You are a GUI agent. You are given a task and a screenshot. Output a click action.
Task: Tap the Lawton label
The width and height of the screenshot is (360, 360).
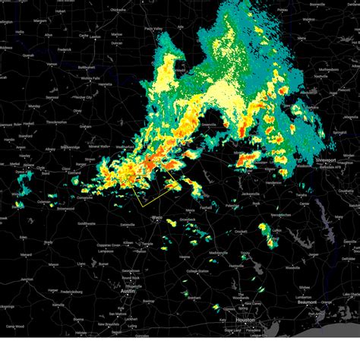pos(95,36)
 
